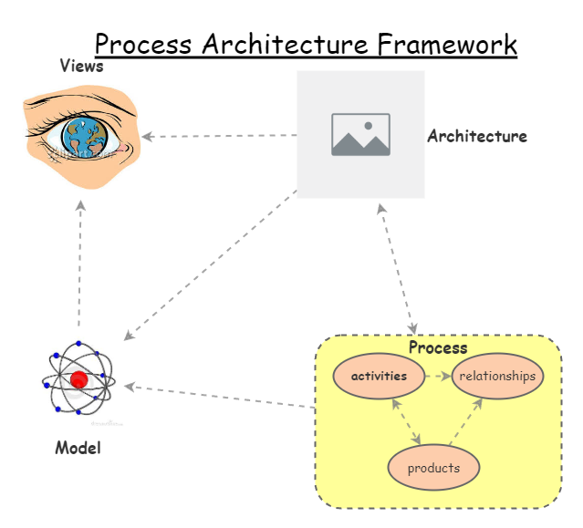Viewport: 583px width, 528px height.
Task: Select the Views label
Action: [x=81, y=66]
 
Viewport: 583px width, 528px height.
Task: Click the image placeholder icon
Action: [x=360, y=134]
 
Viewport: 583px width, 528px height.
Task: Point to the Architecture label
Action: [x=476, y=137]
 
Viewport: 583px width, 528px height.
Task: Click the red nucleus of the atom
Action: [x=78, y=380]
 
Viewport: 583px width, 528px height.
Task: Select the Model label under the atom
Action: [x=78, y=448]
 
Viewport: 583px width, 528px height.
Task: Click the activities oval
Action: [x=379, y=376]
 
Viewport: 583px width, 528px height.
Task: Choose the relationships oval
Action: [x=497, y=376]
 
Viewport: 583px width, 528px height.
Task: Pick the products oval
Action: [x=433, y=469]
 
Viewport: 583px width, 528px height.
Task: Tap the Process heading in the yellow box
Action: [x=437, y=347]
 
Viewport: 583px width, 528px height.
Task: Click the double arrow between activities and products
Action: [x=405, y=421]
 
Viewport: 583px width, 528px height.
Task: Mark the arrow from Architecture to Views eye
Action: [x=219, y=137]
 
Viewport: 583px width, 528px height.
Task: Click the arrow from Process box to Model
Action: [x=219, y=396]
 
